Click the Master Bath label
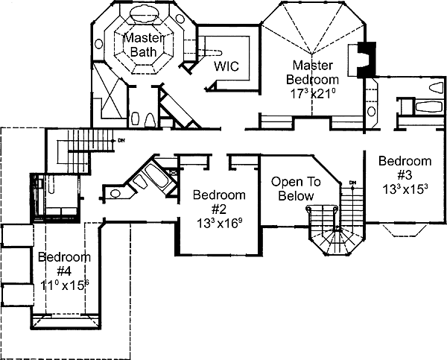point(139,45)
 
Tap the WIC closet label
point(226,66)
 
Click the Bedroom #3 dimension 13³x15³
point(405,189)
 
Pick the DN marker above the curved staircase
point(352,183)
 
